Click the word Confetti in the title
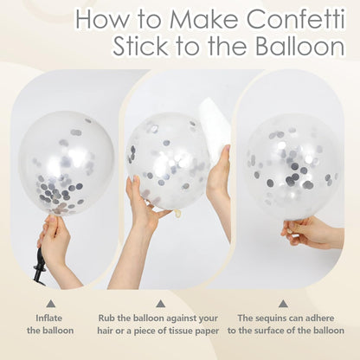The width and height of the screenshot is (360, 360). point(296,19)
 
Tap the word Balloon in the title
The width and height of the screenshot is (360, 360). point(300,46)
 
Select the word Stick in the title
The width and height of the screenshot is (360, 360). point(141,46)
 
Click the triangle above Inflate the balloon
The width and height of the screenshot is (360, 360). point(50,304)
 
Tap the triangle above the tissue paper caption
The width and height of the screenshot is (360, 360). point(160,304)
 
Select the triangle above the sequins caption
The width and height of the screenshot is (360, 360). point(283,304)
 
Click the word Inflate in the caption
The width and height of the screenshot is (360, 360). point(48,318)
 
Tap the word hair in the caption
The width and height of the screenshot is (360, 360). point(106,331)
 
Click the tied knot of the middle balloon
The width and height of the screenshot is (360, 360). point(177,214)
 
